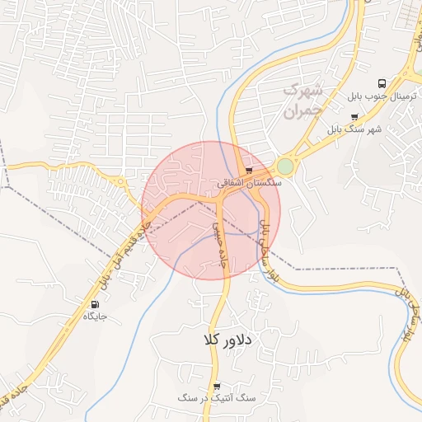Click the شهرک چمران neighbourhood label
(302, 100)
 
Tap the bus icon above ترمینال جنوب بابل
(382, 83)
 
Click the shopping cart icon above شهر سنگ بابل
(354, 118)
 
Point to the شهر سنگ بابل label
(354, 129)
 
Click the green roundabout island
(284, 166)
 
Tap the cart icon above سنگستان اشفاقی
(250, 171)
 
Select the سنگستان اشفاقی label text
(250, 183)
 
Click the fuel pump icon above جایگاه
(94, 304)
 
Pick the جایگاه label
(94, 316)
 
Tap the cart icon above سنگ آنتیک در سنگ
(217, 386)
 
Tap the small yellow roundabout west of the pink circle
(121, 181)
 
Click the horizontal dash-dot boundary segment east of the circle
(346, 268)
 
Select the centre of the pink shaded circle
(211, 210)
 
